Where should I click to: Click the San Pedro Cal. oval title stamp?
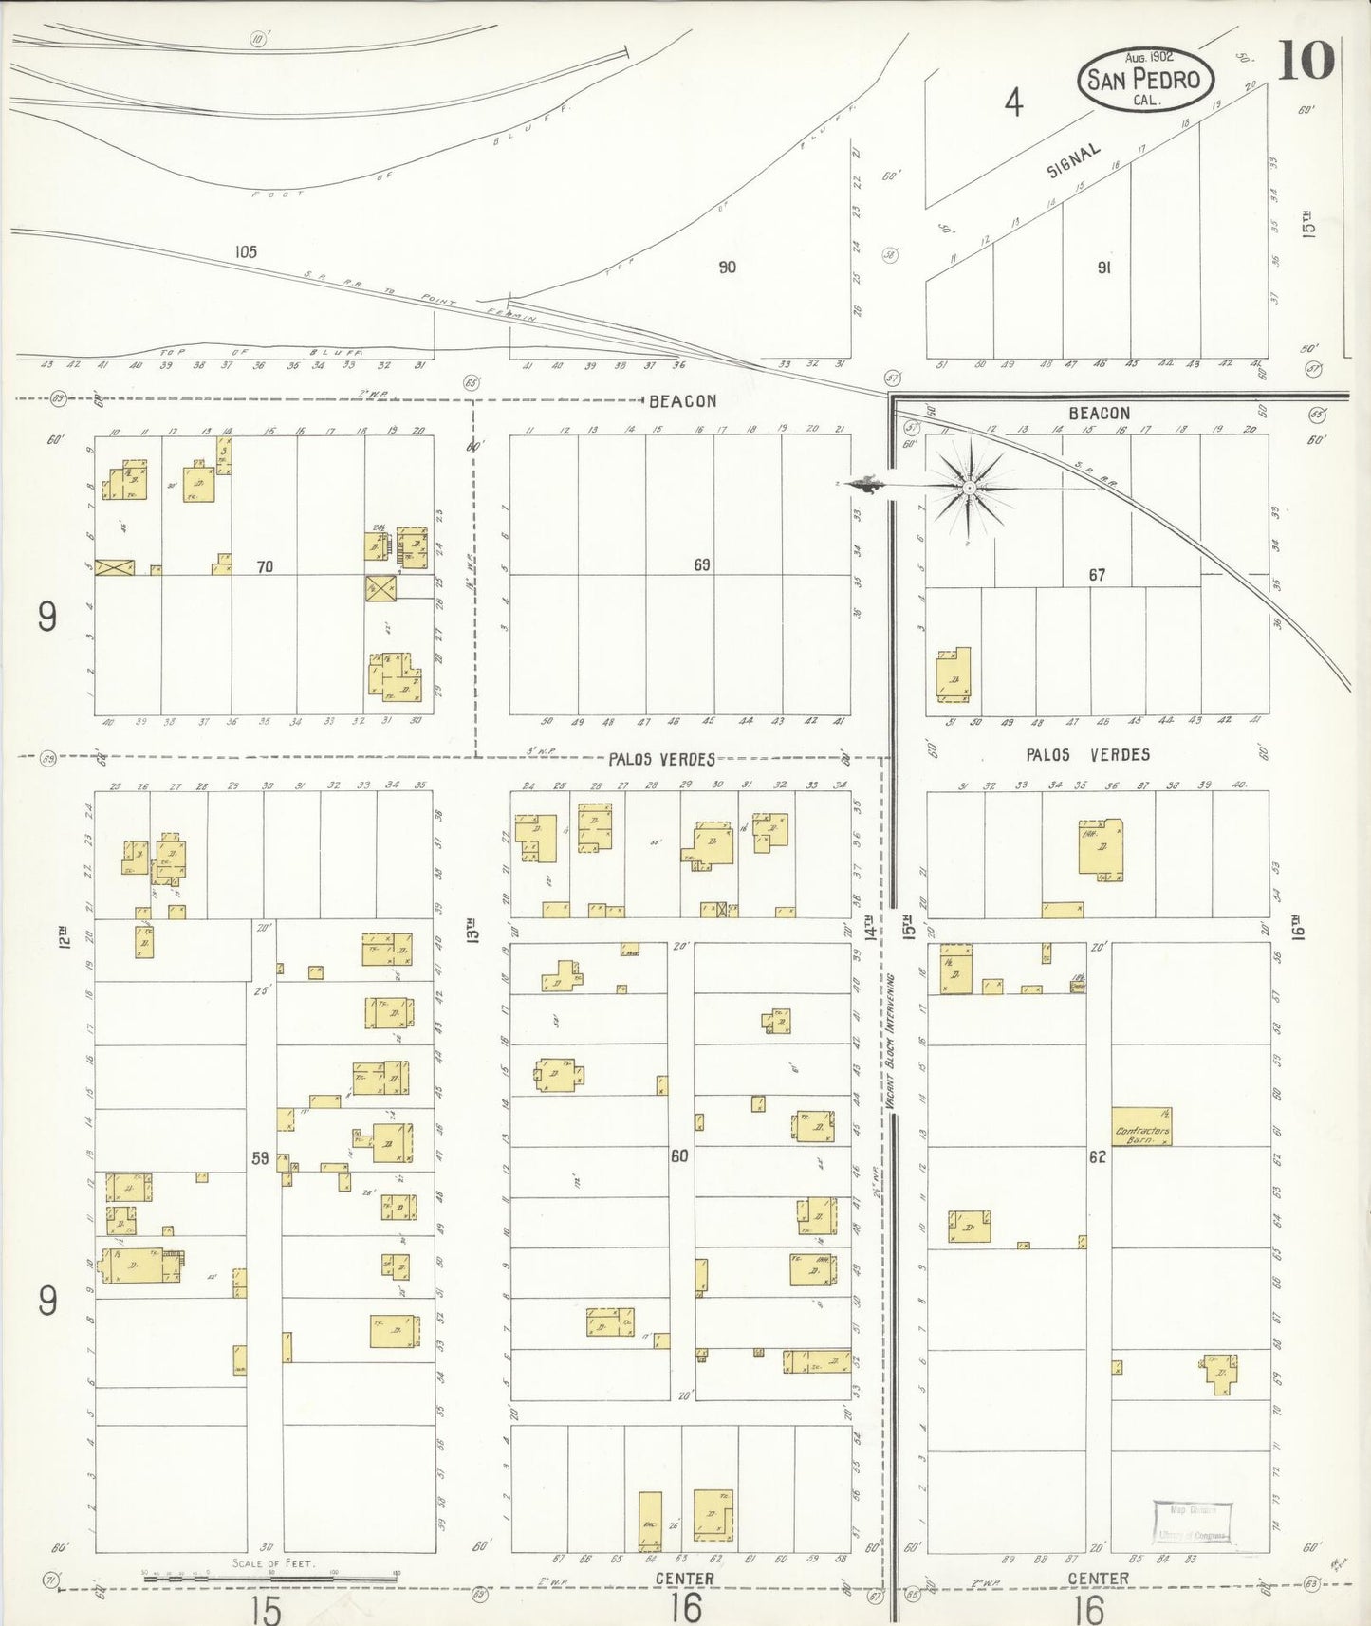click(1145, 79)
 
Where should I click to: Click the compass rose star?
click(969, 489)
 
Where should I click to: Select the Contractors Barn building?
click(1141, 1126)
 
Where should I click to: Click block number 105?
click(246, 252)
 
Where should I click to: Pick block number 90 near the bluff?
click(727, 268)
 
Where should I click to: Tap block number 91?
click(1103, 268)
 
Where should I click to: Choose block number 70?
click(265, 566)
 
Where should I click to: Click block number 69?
click(701, 564)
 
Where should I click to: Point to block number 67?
click(1097, 575)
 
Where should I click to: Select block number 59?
click(260, 1157)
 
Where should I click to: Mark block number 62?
click(1097, 1156)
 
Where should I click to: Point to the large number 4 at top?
click(1014, 102)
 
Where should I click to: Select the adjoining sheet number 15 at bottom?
click(266, 1608)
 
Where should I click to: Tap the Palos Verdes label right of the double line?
click(1087, 755)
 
